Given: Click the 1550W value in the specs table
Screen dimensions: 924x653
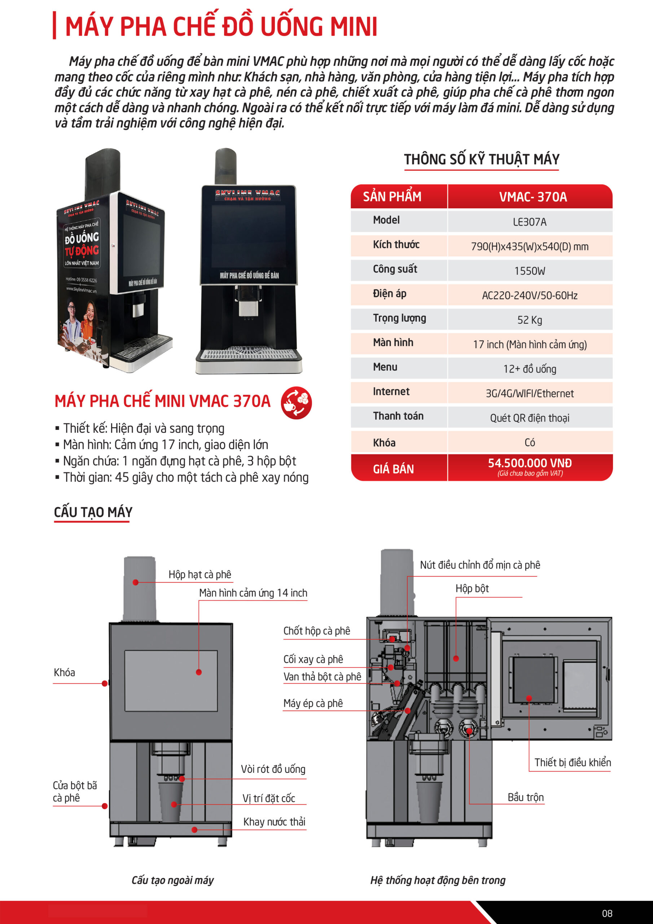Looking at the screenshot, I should [x=530, y=271].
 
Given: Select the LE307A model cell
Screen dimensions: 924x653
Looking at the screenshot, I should [x=530, y=222].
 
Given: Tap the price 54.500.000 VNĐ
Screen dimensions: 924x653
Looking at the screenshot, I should [x=530, y=463].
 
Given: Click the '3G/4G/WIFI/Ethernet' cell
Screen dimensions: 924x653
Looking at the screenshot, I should [x=530, y=393].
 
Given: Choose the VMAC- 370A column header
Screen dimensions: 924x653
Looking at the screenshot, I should [x=533, y=197].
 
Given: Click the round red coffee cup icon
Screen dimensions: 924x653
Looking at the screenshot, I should [x=296, y=402].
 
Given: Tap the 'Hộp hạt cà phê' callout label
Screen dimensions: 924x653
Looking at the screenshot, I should [x=200, y=574].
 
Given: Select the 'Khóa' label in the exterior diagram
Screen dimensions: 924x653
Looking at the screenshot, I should [x=64, y=672].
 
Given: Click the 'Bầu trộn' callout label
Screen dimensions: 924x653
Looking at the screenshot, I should [x=525, y=797].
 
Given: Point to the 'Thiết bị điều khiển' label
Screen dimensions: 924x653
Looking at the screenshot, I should [x=572, y=762].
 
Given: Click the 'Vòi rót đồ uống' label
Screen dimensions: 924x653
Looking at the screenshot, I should [x=273, y=769].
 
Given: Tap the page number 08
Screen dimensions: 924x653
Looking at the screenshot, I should [x=607, y=914].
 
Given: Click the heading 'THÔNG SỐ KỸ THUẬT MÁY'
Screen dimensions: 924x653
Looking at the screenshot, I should [x=482, y=160].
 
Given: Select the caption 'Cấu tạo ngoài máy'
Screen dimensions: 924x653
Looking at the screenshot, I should [x=172, y=880].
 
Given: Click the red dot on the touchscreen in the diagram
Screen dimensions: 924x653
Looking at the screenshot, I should [x=199, y=672].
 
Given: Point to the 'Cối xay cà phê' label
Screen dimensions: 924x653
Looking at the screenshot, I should [x=313, y=659].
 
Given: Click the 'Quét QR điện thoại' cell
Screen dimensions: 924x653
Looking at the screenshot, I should [x=530, y=418].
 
